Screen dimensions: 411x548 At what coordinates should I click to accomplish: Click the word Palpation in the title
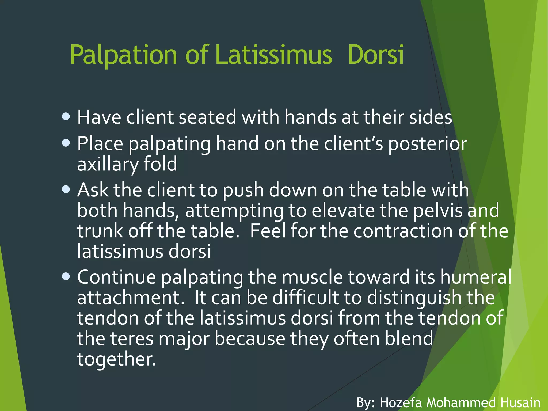coord(123,55)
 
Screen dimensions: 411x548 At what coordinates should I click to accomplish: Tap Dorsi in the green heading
coord(376,55)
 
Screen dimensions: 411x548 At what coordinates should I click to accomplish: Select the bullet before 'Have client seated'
coord(66,117)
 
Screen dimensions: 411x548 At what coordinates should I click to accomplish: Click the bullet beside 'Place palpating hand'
coord(66,143)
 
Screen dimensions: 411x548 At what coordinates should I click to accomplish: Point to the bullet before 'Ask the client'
coord(66,189)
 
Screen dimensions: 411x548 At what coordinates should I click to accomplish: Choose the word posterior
coord(428,144)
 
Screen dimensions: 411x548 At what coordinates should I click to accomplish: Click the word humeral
coord(475,277)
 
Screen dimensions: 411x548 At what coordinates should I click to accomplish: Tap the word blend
coord(409,338)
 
